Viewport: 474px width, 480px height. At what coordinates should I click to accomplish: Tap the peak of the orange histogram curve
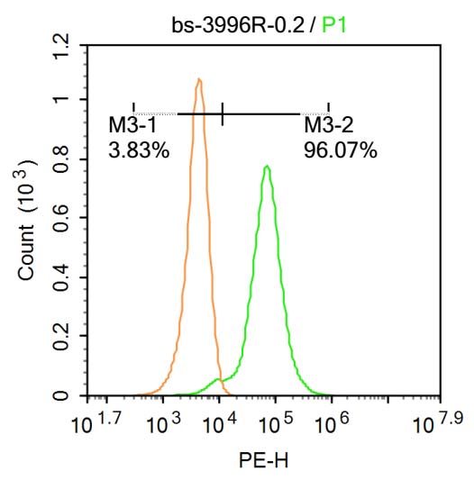tap(198, 79)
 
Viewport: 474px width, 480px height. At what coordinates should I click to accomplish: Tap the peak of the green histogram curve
tap(267, 167)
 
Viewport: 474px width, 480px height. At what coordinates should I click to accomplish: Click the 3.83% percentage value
tap(139, 151)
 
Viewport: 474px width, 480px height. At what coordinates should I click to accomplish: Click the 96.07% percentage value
tap(340, 151)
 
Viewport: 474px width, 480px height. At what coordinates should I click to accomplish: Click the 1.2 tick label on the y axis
tap(61, 41)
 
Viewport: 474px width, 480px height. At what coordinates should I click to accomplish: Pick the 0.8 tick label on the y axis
tap(61, 159)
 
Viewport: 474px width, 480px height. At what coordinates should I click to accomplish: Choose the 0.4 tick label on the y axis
tap(61, 278)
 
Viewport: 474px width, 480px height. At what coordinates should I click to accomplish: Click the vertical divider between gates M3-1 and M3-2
tap(222, 113)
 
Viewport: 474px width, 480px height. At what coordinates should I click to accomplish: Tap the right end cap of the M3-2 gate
tap(328, 109)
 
